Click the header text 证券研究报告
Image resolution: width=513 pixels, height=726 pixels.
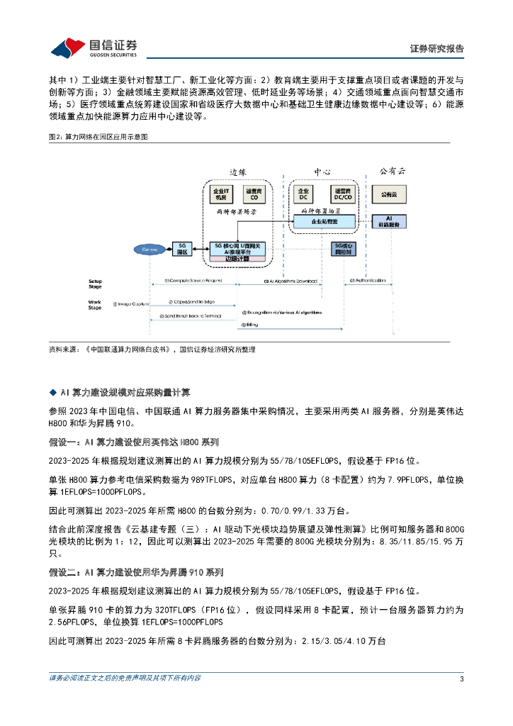coord(437,49)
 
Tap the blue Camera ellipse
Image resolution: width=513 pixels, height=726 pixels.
coord(150,249)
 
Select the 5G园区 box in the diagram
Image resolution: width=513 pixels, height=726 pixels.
coord(182,248)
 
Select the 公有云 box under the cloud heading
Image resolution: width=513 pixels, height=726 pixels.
coord(388,194)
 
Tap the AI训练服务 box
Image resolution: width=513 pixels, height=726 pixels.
coord(388,221)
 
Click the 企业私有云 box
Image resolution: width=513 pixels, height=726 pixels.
coord(325,222)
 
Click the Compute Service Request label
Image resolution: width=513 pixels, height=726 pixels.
coord(192,281)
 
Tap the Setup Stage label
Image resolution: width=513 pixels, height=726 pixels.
coord(95,284)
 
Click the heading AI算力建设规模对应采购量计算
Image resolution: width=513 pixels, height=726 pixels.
coord(130,391)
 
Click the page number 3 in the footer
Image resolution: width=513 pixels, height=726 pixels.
coord(462,679)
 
